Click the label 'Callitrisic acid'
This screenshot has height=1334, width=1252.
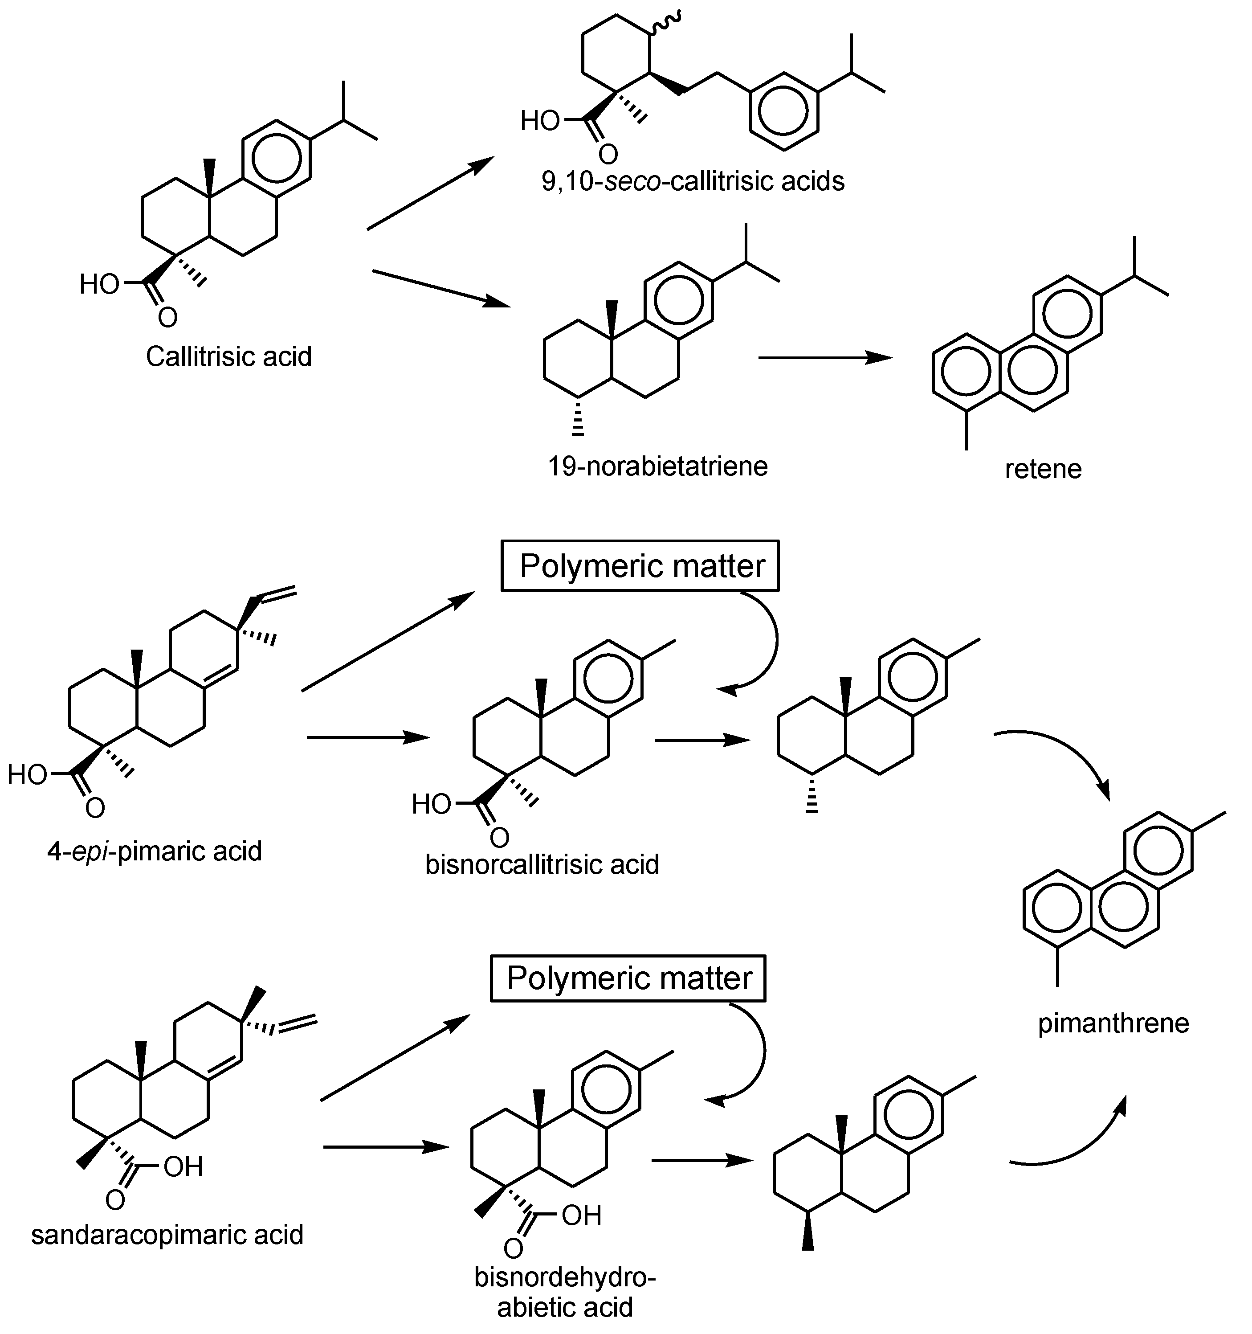[x=229, y=357]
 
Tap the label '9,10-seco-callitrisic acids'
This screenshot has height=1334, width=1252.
[x=693, y=181]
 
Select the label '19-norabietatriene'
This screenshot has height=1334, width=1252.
[x=657, y=466]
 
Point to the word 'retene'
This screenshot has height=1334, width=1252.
[x=1043, y=469]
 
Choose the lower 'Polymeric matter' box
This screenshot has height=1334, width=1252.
[x=628, y=978]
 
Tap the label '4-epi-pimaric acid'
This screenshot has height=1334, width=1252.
[x=154, y=851]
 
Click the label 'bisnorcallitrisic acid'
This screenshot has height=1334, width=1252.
[x=542, y=864]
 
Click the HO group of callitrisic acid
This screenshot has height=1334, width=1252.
[x=99, y=285]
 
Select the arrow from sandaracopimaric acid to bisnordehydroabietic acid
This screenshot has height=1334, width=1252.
[x=385, y=1147]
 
